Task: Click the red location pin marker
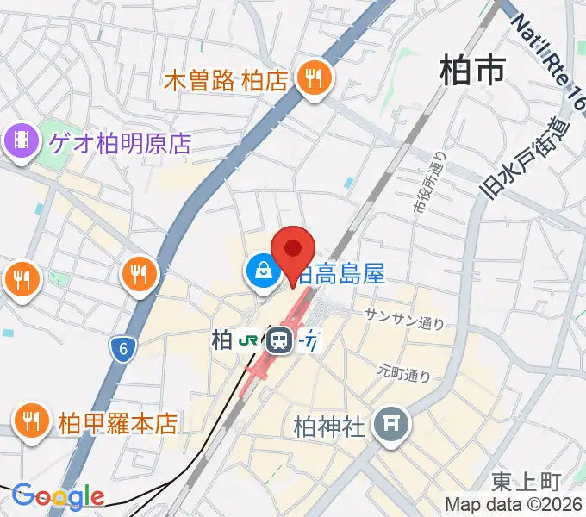[293, 251]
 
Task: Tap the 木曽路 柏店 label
[225, 81]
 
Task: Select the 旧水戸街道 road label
[527, 158]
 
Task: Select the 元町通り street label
[403, 374]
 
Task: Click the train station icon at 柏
[278, 341]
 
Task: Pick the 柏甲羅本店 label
[118, 423]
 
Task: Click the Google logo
[58, 496]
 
